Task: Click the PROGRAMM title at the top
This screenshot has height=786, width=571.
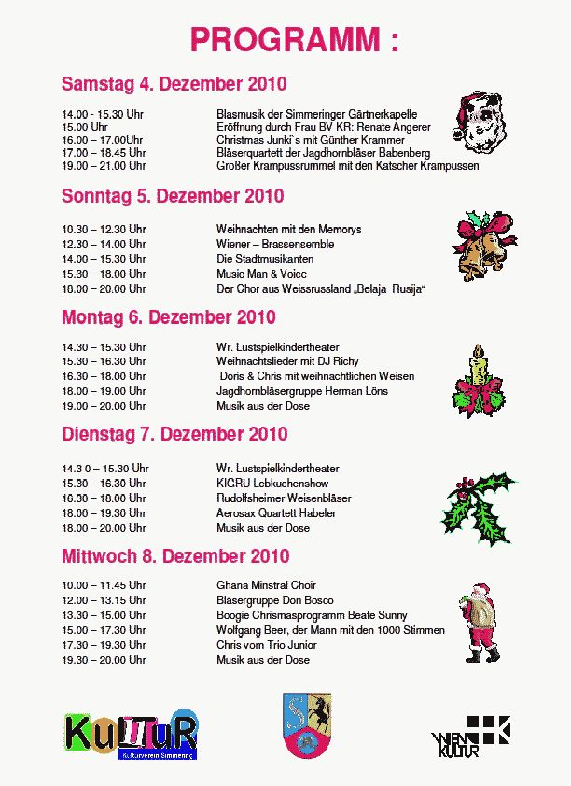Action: pyautogui.click(x=293, y=40)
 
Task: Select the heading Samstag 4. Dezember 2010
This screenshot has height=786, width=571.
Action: pyautogui.click(x=174, y=84)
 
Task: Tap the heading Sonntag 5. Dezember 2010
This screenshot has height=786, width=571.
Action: pyautogui.click(x=173, y=197)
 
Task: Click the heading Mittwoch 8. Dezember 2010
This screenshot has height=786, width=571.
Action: pyautogui.click(x=175, y=556)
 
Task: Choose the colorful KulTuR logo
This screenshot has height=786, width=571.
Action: pyautogui.click(x=132, y=735)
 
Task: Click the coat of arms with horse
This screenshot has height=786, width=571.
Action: pyautogui.click(x=308, y=724)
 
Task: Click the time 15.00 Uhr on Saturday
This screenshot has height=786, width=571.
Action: pyautogui.click(x=85, y=126)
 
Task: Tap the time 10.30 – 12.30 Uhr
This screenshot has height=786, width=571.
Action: pyautogui.click(x=104, y=230)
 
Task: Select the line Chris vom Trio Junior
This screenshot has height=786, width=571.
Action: pyautogui.click(x=267, y=645)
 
